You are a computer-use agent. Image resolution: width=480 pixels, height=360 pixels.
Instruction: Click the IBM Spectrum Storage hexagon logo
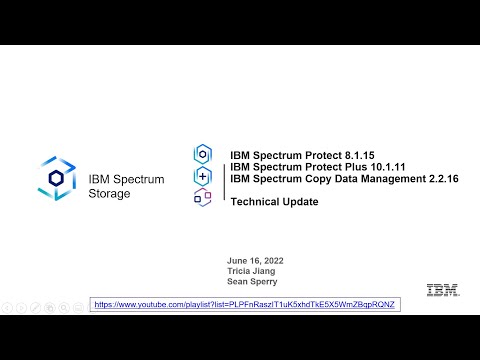click(x=56, y=177)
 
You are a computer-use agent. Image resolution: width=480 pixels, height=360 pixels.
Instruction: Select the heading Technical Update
click(x=274, y=202)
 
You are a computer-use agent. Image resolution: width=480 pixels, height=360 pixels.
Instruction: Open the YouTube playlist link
click(x=245, y=303)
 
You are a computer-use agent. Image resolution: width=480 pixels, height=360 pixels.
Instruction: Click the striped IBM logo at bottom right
click(x=442, y=290)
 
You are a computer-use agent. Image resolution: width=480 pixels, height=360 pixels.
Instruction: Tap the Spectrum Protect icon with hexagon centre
click(x=203, y=154)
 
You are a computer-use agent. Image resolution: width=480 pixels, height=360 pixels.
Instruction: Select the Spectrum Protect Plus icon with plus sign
click(x=203, y=176)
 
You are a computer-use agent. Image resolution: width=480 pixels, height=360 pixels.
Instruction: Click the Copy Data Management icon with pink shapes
click(x=203, y=197)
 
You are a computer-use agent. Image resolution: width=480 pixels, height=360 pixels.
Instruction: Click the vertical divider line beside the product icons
click(x=221, y=176)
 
